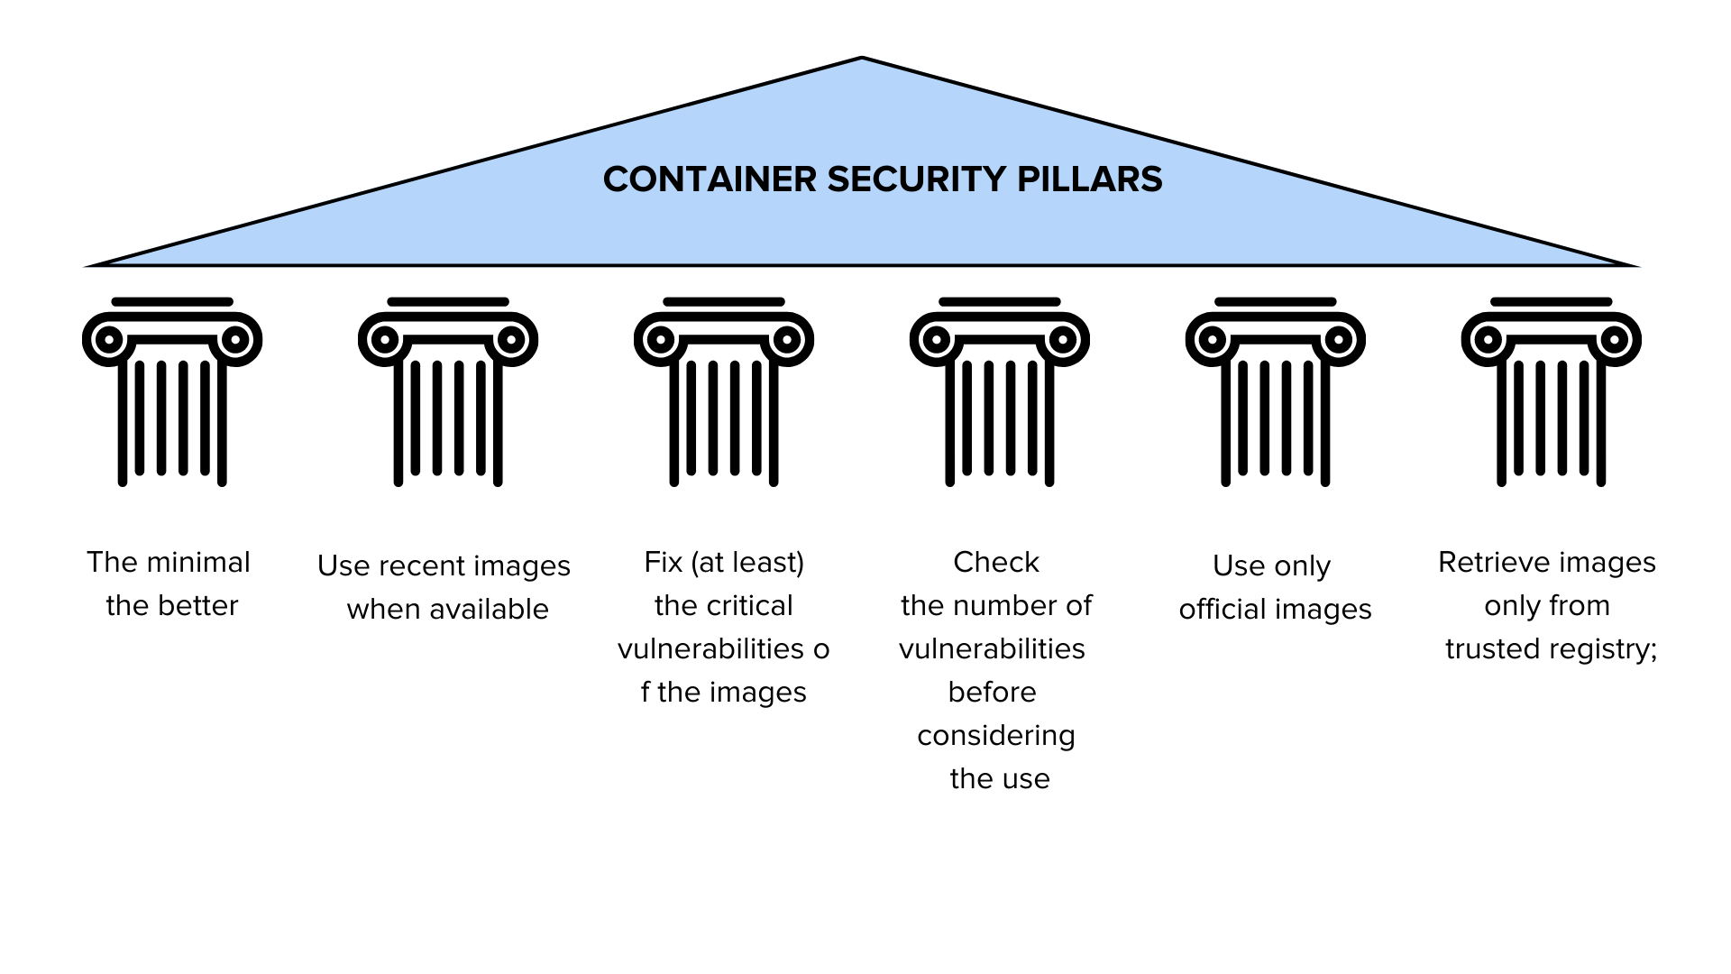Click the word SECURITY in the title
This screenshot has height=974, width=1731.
click(916, 179)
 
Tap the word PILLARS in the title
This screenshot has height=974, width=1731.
click(1090, 179)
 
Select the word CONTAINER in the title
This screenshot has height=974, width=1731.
click(710, 179)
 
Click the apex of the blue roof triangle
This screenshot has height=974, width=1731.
click(862, 58)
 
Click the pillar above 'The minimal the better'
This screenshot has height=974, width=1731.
click(172, 392)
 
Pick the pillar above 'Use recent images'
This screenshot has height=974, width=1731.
click(448, 392)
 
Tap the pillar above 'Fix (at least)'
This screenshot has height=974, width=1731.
click(724, 392)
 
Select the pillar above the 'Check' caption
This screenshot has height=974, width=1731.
click(1000, 392)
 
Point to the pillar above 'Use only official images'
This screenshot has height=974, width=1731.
click(1276, 392)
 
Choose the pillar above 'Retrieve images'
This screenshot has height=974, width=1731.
click(1552, 392)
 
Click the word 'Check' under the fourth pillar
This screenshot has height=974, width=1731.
click(996, 562)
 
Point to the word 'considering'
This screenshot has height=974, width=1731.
click(996, 736)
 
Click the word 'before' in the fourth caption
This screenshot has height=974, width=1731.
click(992, 692)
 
